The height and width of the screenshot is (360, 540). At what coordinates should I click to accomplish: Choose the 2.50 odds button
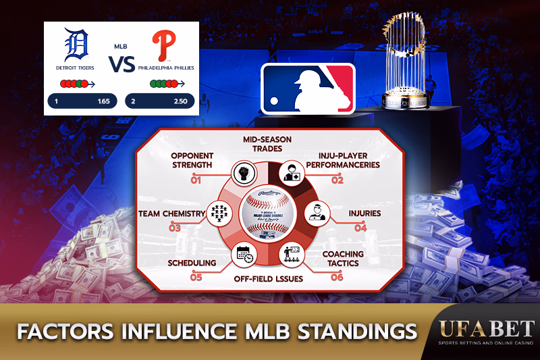click(160, 101)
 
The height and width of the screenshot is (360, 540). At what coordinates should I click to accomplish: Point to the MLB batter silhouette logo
click(308, 88)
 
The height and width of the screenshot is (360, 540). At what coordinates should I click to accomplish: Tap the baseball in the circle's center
click(269, 215)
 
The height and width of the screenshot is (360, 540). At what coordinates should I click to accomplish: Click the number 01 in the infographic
click(196, 180)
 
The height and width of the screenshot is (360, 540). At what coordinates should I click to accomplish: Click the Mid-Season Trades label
click(267, 144)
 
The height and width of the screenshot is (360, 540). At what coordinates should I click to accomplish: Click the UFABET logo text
click(477, 328)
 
